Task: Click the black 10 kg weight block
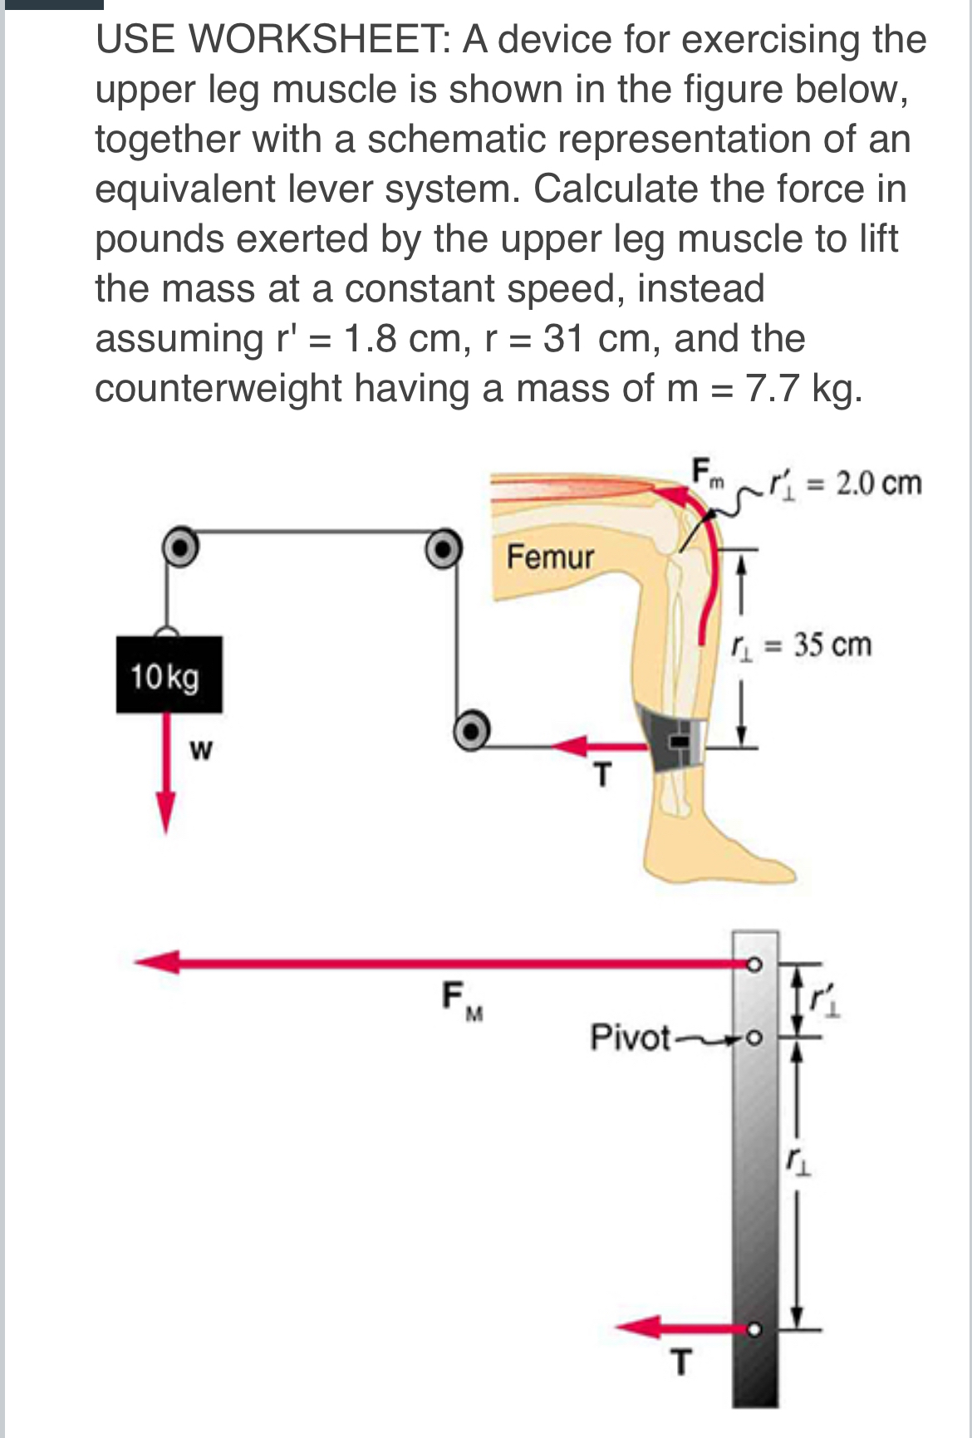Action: pos(169,674)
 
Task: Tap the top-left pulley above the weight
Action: pos(179,545)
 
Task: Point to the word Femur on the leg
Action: pos(550,557)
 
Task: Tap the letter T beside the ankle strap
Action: pos(603,776)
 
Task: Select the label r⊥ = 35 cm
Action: pos(801,645)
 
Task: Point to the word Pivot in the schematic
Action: pos(630,1038)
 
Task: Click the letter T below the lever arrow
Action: pos(680,1363)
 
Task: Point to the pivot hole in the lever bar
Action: pos(754,1038)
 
